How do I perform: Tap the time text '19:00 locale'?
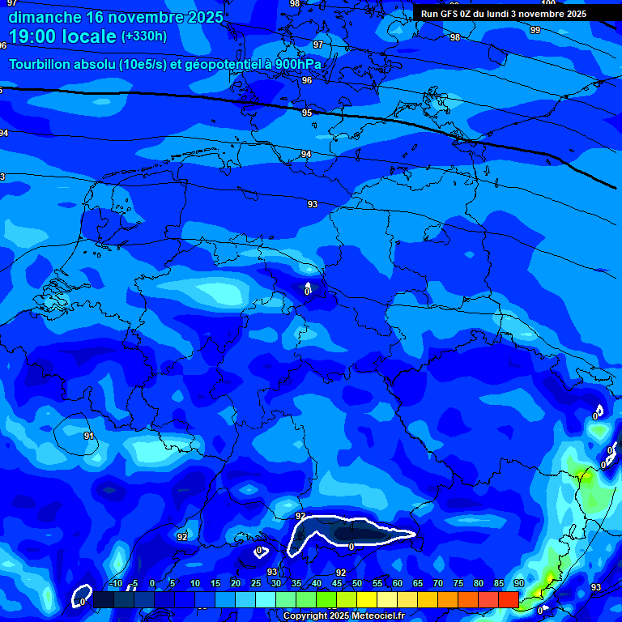(x=62, y=36)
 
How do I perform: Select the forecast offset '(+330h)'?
(x=144, y=36)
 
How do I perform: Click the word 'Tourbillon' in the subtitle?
(x=45, y=64)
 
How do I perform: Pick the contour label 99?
(x=535, y=30)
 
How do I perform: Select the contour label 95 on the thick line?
(x=307, y=113)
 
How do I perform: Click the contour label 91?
(x=89, y=436)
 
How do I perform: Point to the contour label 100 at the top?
(x=548, y=3)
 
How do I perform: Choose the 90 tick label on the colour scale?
(x=518, y=584)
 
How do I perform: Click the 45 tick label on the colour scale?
(x=336, y=584)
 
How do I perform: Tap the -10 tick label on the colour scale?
(x=116, y=584)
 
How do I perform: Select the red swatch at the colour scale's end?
(x=508, y=599)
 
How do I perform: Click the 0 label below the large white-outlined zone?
(x=351, y=547)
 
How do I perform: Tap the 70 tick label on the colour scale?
(x=437, y=584)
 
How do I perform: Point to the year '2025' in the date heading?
(x=198, y=17)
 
